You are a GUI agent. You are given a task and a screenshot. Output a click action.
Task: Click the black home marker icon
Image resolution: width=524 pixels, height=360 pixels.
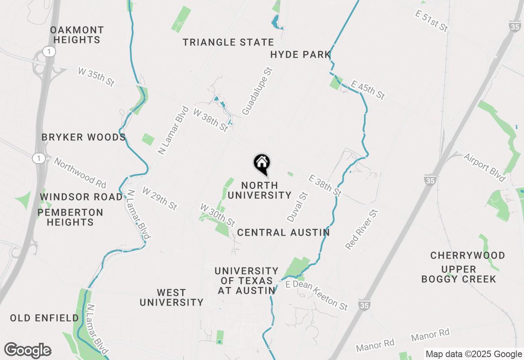(262, 163)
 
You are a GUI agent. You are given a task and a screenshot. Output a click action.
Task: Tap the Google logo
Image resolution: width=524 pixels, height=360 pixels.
(27, 351)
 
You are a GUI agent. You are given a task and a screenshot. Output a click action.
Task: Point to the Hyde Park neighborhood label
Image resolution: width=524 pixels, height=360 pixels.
(300, 55)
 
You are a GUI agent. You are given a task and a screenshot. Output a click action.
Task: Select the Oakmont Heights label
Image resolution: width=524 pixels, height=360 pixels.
(77, 35)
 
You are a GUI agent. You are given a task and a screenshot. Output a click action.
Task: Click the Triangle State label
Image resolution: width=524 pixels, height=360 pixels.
(228, 43)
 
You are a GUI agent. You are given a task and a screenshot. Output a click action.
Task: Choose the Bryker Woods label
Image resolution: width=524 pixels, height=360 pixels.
(84, 137)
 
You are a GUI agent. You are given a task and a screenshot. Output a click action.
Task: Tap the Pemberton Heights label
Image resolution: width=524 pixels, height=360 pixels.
(70, 218)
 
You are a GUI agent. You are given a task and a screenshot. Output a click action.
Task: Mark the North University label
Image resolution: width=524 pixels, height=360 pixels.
(260, 191)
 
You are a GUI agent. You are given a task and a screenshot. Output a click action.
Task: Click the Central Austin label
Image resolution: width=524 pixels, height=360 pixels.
(283, 233)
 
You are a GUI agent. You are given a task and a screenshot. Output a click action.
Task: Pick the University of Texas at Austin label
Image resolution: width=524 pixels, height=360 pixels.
(246, 281)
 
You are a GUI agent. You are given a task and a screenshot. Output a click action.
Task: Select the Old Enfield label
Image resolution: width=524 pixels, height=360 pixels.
(44, 318)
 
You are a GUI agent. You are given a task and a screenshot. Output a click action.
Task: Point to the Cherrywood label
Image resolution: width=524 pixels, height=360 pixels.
(468, 256)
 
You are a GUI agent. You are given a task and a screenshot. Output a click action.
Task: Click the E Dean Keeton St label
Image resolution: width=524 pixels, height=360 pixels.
(317, 295)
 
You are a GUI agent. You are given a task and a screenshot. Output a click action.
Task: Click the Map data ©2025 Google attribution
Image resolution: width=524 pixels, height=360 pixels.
(474, 354)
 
